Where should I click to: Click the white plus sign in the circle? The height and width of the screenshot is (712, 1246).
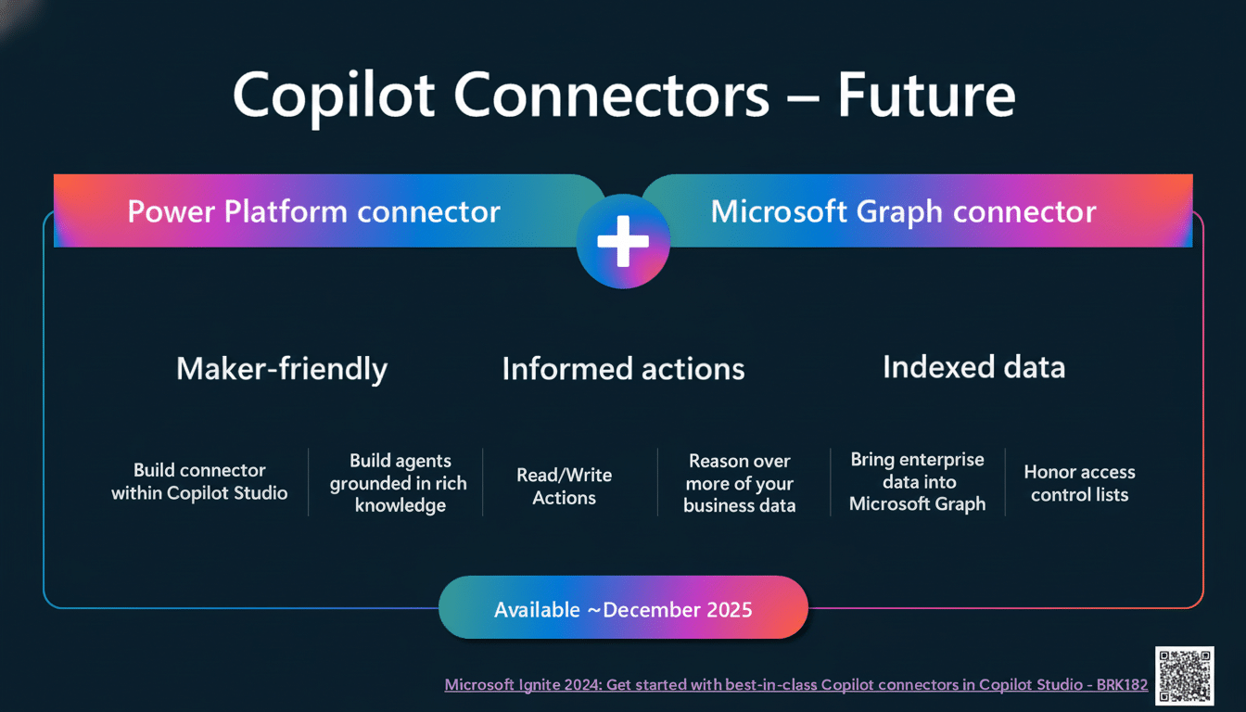[622, 240]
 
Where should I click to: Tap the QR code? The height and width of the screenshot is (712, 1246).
[1184, 675]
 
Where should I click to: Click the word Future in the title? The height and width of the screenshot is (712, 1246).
[926, 96]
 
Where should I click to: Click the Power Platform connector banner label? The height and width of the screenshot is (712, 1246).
[313, 212]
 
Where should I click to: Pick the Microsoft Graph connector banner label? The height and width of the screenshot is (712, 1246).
[903, 212]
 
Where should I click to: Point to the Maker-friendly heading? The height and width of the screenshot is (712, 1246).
[282, 369]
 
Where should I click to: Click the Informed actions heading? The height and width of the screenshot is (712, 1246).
[623, 369]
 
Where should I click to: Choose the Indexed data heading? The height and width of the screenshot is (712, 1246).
[973, 367]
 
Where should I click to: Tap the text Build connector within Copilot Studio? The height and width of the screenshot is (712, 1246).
[199, 482]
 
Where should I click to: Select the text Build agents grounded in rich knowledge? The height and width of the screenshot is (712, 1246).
[399, 483]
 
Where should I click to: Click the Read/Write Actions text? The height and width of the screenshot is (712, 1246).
[564, 487]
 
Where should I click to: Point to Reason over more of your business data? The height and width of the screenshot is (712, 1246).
[739, 483]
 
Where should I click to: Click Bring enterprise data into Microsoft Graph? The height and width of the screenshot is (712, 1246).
[917, 482]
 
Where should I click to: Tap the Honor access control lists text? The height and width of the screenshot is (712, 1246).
[1079, 483]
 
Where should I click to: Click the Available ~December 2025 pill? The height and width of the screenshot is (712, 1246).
[623, 609]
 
